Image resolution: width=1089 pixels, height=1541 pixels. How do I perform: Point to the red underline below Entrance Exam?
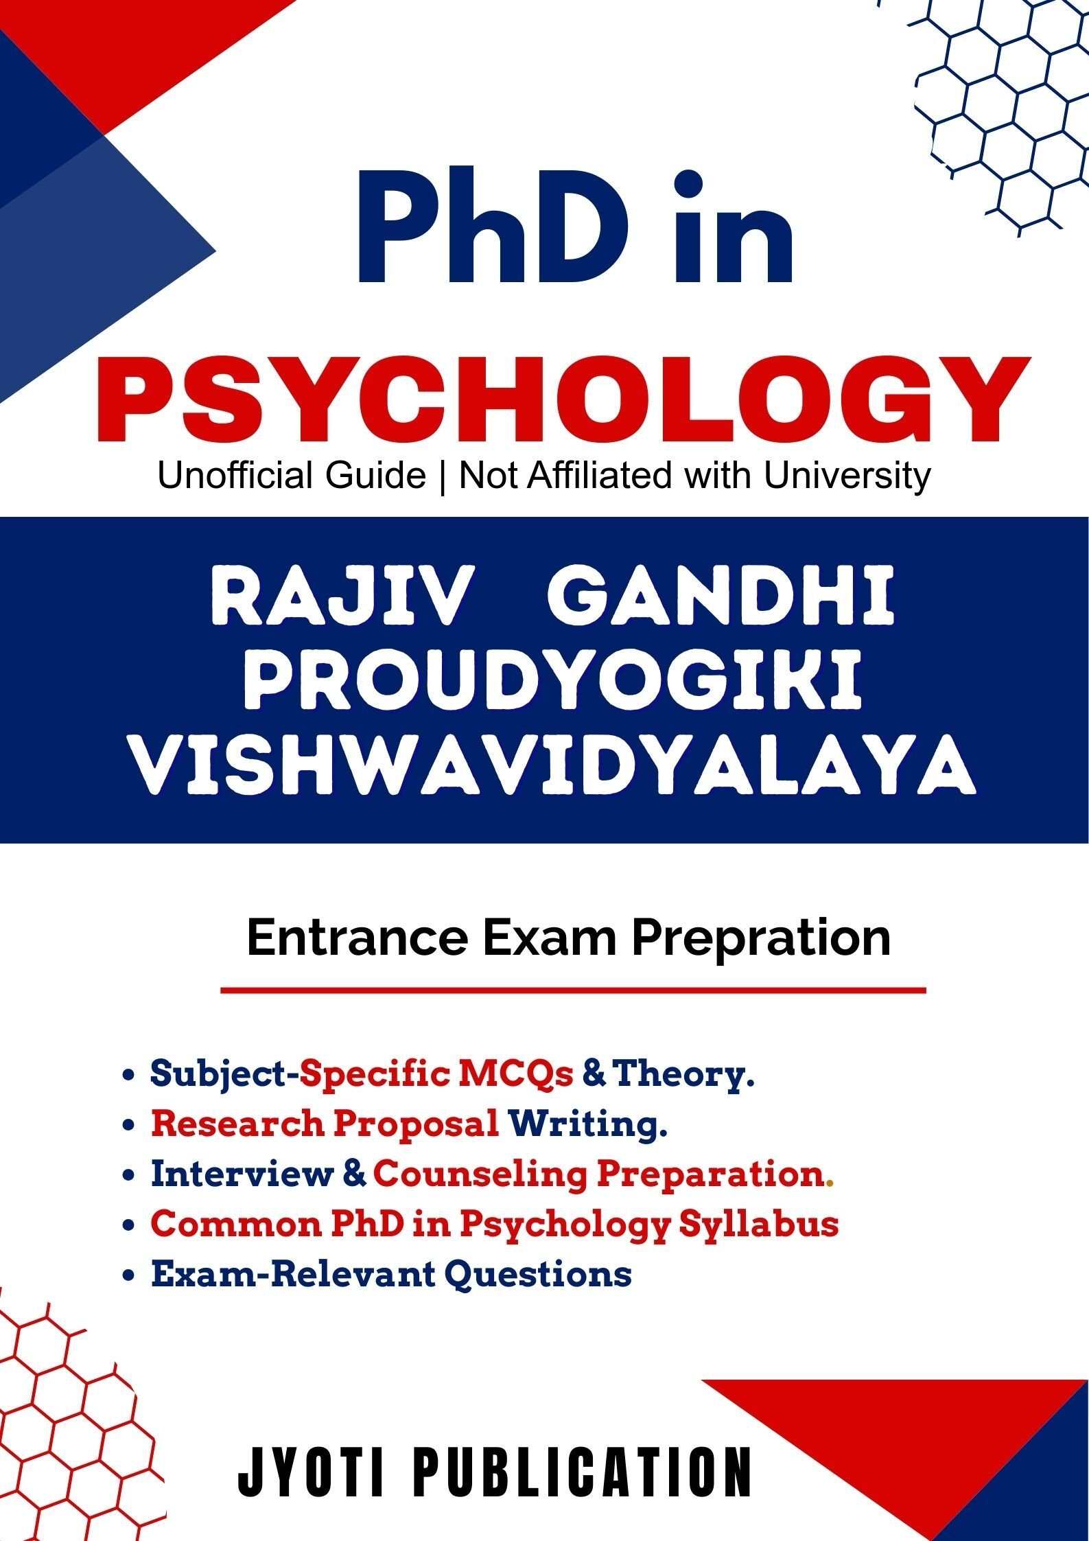573,990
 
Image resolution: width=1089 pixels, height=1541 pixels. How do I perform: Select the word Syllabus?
759,1225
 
